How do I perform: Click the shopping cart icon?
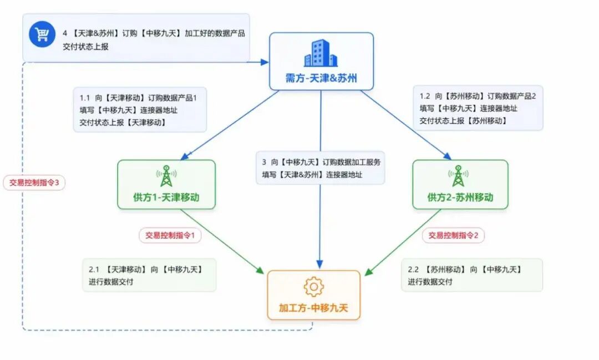pyautogui.click(x=42, y=34)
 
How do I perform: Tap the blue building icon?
pyautogui.click(x=321, y=53)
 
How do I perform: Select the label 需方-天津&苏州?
pyautogui.click(x=321, y=78)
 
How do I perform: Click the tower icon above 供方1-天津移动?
pyautogui.click(x=166, y=176)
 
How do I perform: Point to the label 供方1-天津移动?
pyautogui.click(x=166, y=197)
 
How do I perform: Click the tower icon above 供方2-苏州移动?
pyautogui.click(x=459, y=176)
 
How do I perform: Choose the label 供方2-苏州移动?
pyautogui.click(x=460, y=197)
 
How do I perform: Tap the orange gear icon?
pyautogui.click(x=313, y=287)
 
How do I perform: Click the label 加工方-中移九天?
pyautogui.click(x=313, y=308)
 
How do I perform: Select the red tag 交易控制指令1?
pyautogui.click(x=170, y=235)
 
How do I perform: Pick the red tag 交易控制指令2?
pyautogui.click(x=454, y=235)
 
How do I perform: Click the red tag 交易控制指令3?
pyautogui.click(x=34, y=182)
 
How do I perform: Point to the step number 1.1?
pyautogui.click(x=84, y=98)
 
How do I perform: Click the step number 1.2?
pyautogui.click(x=425, y=96)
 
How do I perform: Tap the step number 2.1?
pyautogui.click(x=94, y=270)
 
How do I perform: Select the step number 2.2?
pyautogui.click(x=413, y=270)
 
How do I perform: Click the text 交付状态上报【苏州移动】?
pyautogui.click(x=463, y=121)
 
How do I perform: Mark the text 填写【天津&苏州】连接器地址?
pyautogui.click(x=312, y=175)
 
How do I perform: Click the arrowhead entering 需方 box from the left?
pyautogui.click(x=265, y=62)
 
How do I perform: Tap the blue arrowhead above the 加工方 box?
pyautogui.click(x=320, y=265)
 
